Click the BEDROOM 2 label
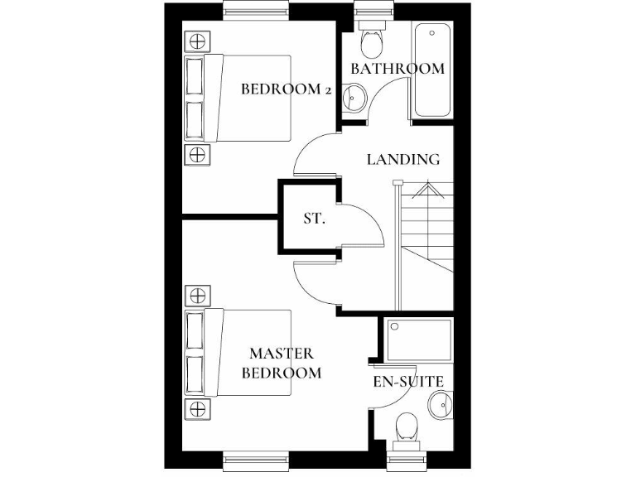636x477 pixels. pos(286,89)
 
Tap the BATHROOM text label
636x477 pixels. pos(397,69)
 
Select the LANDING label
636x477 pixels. pos(403,160)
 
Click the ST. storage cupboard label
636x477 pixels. pos(314,219)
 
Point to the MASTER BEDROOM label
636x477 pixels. pos(282,364)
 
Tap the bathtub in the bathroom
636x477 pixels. pos(433,71)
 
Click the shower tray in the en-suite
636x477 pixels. pos(417,339)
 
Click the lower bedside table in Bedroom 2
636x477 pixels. pos(197,153)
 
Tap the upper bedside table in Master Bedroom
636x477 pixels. pos(197,295)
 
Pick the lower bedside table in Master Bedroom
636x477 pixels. pos(197,407)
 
